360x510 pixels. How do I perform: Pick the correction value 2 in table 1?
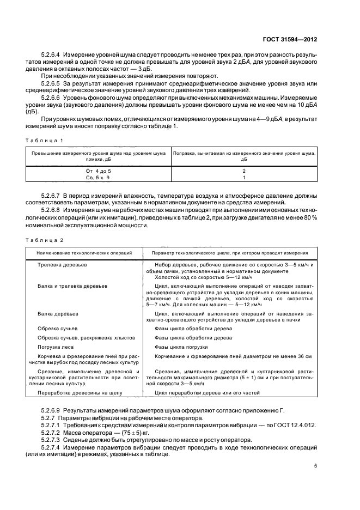pos(244,171)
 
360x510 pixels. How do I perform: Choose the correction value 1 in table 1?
pos(244,177)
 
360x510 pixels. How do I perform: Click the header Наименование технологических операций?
pos(84,253)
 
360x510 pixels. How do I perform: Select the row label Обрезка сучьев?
pos(58,329)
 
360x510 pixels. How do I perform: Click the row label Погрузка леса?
pos(57,347)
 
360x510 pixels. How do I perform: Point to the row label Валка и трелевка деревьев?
pos(72,286)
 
